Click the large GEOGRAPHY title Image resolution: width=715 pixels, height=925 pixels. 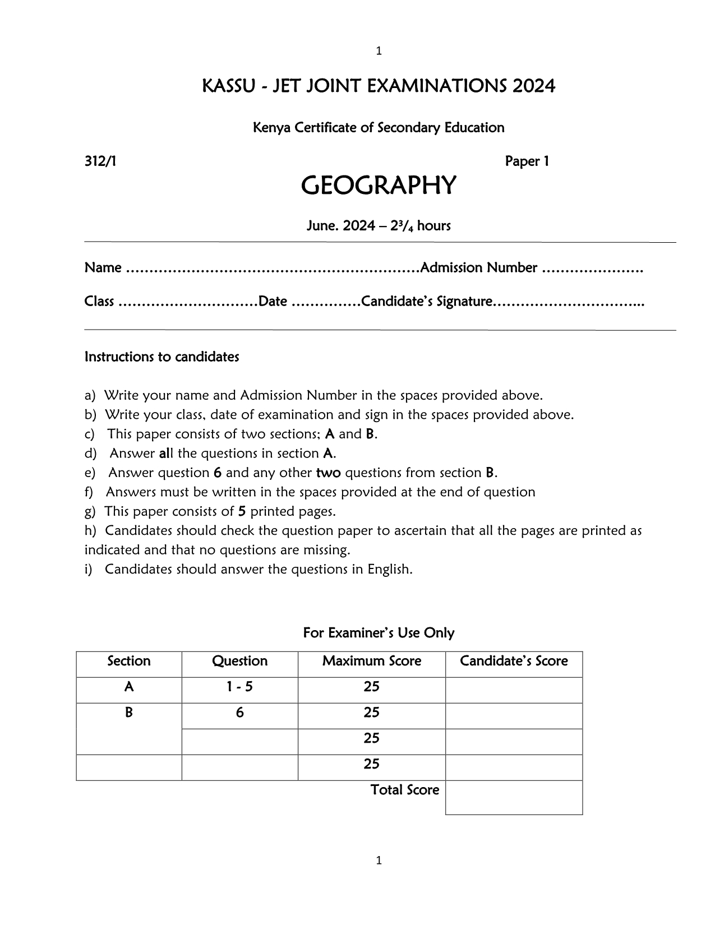379,186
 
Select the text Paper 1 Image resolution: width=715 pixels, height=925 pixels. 527,161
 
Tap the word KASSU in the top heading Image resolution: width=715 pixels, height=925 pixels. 224,86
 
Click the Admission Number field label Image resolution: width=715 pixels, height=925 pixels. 479,268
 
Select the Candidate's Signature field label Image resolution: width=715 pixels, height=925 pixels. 427,302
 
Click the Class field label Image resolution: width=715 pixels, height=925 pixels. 99,302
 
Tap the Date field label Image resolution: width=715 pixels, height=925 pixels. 273,302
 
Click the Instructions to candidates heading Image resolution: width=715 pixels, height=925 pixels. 162,357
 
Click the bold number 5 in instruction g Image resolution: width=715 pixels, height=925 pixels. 242,511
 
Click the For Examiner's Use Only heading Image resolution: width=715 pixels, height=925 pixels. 379,633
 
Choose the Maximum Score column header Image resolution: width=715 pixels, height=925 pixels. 372,662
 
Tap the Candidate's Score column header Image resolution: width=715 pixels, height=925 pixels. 514,662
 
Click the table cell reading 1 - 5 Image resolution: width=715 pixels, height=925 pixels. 240,687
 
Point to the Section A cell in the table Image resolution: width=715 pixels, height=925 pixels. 129,687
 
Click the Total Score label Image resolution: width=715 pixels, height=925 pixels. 404,790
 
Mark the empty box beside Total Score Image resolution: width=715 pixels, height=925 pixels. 514,797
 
